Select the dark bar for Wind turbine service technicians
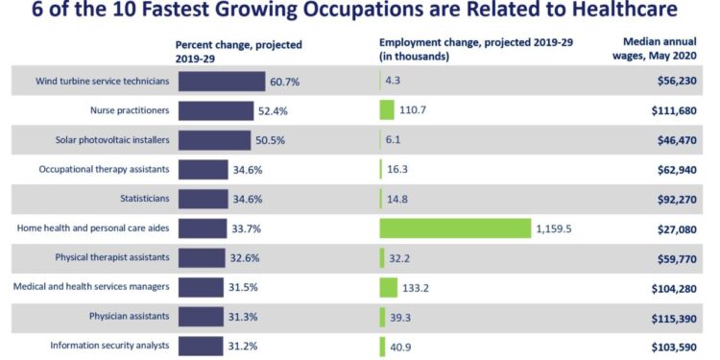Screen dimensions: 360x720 click(x=221, y=82)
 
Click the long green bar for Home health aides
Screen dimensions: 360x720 click(x=455, y=228)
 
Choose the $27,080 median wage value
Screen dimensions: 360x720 click(x=677, y=228)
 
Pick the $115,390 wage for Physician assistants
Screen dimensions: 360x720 click(x=675, y=316)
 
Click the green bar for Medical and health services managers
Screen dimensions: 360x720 click(x=388, y=287)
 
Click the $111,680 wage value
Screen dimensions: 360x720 click(x=675, y=111)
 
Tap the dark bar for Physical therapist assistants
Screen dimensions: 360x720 click(x=202, y=257)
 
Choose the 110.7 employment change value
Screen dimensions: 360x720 click(x=413, y=111)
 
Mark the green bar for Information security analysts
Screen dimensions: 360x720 click(x=382, y=346)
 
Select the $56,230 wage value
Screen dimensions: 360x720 click(x=677, y=82)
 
